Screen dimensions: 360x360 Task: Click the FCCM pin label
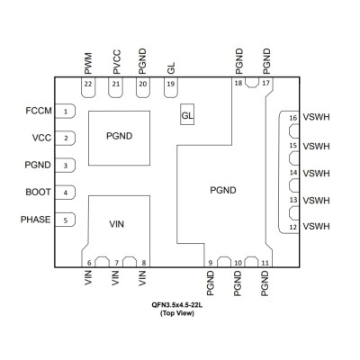39,111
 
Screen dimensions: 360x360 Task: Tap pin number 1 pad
65,112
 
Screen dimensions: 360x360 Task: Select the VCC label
41,138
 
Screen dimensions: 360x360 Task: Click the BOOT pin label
38,192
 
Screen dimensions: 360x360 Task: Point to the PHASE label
35,220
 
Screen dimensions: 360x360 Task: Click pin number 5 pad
65,220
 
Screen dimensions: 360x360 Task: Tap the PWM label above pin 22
88,64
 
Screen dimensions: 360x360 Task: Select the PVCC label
117,62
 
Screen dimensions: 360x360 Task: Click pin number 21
115,84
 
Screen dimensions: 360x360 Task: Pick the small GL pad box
187,114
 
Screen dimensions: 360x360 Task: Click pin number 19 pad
171,87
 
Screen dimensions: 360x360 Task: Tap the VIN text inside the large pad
116,224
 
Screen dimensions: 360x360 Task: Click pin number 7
116,263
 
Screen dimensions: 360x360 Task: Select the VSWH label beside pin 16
316,117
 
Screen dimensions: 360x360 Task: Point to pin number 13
293,200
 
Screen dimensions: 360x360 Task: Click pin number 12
293,227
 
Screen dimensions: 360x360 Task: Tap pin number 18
238,83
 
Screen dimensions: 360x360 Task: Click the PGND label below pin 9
211,283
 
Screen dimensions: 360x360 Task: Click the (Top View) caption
177,313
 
